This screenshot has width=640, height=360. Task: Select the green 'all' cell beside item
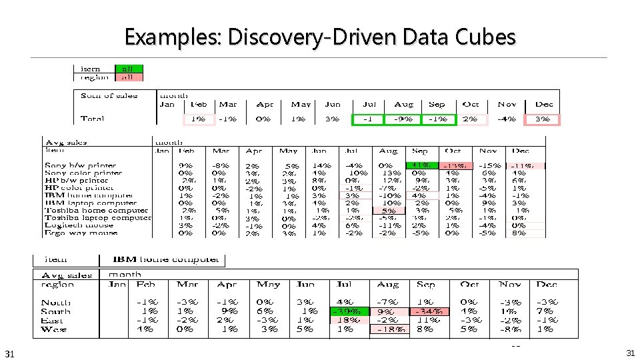click(127, 68)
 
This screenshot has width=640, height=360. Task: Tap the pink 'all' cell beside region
click(127, 77)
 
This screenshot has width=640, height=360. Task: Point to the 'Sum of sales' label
click(109, 96)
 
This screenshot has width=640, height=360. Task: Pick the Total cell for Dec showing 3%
click(542, 120)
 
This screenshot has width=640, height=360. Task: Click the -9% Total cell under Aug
click(403, 120)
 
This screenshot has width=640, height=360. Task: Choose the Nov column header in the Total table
click(507, 105)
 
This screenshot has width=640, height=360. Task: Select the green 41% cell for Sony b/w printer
click(421, 165)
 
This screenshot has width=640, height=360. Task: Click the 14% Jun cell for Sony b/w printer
click(321, 165)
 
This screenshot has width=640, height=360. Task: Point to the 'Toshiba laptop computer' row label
click(97, 217)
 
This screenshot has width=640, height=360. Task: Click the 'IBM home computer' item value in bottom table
click(165, 259)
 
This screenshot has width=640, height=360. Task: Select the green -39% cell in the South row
click(347, 311)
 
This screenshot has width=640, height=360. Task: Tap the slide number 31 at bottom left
click(9, 353)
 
